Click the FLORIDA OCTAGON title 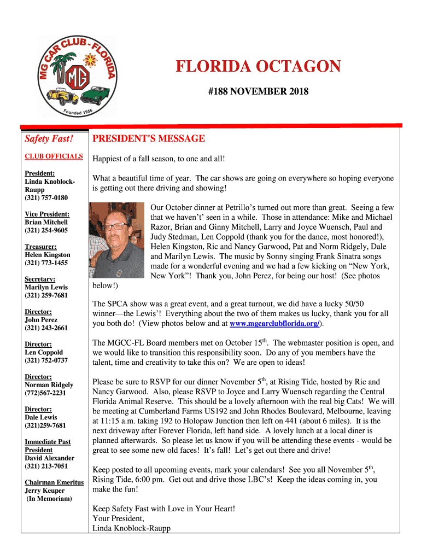pyautogui.click(x=258, y=67)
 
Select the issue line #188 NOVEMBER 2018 pyautogui.click(x=258, y=92)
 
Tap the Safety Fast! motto pyautogui.click(x=49, y=139)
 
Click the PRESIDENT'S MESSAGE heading pyautogui.click(x=149, y=139)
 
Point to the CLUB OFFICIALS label pyautogui.click(x=54, y=156)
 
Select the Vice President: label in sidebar pyautogui.click(x=47, y=214)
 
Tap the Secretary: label pyautogui.click(x=40, y=279)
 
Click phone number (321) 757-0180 pyautogui.click(x=46, y=197)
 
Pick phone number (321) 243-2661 pyautogui.click(x=46, y=328)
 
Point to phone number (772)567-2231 pyautogui.click(x=45, y=393)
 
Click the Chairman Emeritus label pyautogui.click(x=54, y=482)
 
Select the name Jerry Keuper pyautogui.click(x=45, y=491)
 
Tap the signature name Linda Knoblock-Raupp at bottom pyautogui.click(x=132, y=528)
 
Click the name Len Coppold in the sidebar pyautogui.click(x=44, y=352)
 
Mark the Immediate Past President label pyautogui.click(x=48, y=446)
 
